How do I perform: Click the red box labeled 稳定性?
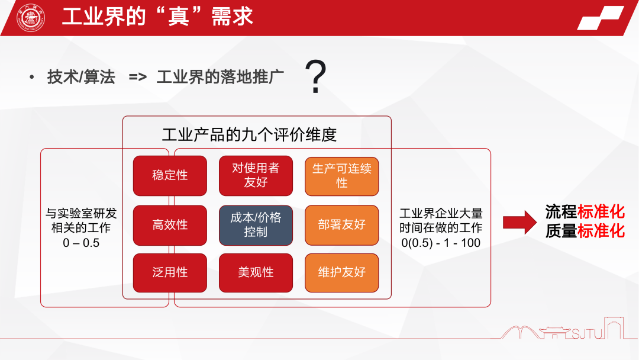point(170,175)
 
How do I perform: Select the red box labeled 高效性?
point(170,225)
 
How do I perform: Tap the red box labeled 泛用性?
point(170,272)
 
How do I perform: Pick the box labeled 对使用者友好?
point(256,175)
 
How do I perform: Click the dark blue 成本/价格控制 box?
point(256,225)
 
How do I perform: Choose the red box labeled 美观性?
point(256,272)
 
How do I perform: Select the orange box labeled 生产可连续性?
point(341,175)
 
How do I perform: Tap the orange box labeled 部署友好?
point(341,225)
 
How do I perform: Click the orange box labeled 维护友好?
point(341,272)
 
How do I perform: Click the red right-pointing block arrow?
point(519,222)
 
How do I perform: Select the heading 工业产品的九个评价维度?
point(249,135)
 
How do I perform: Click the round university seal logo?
point(31,17)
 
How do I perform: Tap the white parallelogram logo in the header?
point(600,18)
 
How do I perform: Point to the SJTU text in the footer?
point(586,335)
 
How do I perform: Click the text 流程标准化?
point(585,212)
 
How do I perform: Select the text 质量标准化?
point(585,231)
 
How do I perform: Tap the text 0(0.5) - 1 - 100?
point(441,243)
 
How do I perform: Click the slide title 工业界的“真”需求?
point(157,17)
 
